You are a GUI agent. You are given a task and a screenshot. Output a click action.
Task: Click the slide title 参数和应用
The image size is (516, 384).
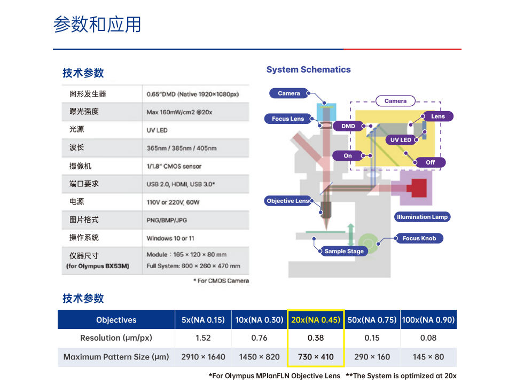(97, 25)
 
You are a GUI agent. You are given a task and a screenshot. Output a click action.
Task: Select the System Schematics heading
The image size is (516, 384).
(308, 69)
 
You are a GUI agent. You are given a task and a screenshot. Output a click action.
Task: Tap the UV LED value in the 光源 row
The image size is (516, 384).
(157, 130)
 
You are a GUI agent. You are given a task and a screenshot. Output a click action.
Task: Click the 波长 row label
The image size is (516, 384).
(77, 147)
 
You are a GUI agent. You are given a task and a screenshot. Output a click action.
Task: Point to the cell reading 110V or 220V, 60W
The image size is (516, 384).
(173, 202)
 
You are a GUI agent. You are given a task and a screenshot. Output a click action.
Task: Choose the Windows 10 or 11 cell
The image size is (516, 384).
(170, 238)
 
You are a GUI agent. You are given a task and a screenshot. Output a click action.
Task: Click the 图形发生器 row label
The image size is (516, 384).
(88, 94)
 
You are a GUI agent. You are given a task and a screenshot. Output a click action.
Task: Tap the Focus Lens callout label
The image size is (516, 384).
(287, 119)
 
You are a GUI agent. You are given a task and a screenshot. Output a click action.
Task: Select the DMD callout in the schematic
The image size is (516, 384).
(348, 126)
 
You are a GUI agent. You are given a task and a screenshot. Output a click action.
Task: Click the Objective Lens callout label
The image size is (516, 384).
(288, 201)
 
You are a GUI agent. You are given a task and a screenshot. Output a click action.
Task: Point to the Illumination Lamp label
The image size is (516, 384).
(422, 217)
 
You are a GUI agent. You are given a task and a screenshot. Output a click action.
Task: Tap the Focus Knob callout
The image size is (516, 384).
(419, 238)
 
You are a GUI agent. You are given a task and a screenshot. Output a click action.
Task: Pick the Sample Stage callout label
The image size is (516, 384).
(344, 251)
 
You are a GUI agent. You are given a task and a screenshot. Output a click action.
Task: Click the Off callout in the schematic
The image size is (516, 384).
(430, 162)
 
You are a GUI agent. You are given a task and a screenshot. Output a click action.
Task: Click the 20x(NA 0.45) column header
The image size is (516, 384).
(315, 320)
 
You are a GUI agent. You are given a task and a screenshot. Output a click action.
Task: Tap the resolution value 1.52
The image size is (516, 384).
(203, 338)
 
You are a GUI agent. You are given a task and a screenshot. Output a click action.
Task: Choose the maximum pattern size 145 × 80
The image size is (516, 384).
(428, 357)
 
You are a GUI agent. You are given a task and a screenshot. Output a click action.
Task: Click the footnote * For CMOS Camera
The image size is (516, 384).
(221, 280)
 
